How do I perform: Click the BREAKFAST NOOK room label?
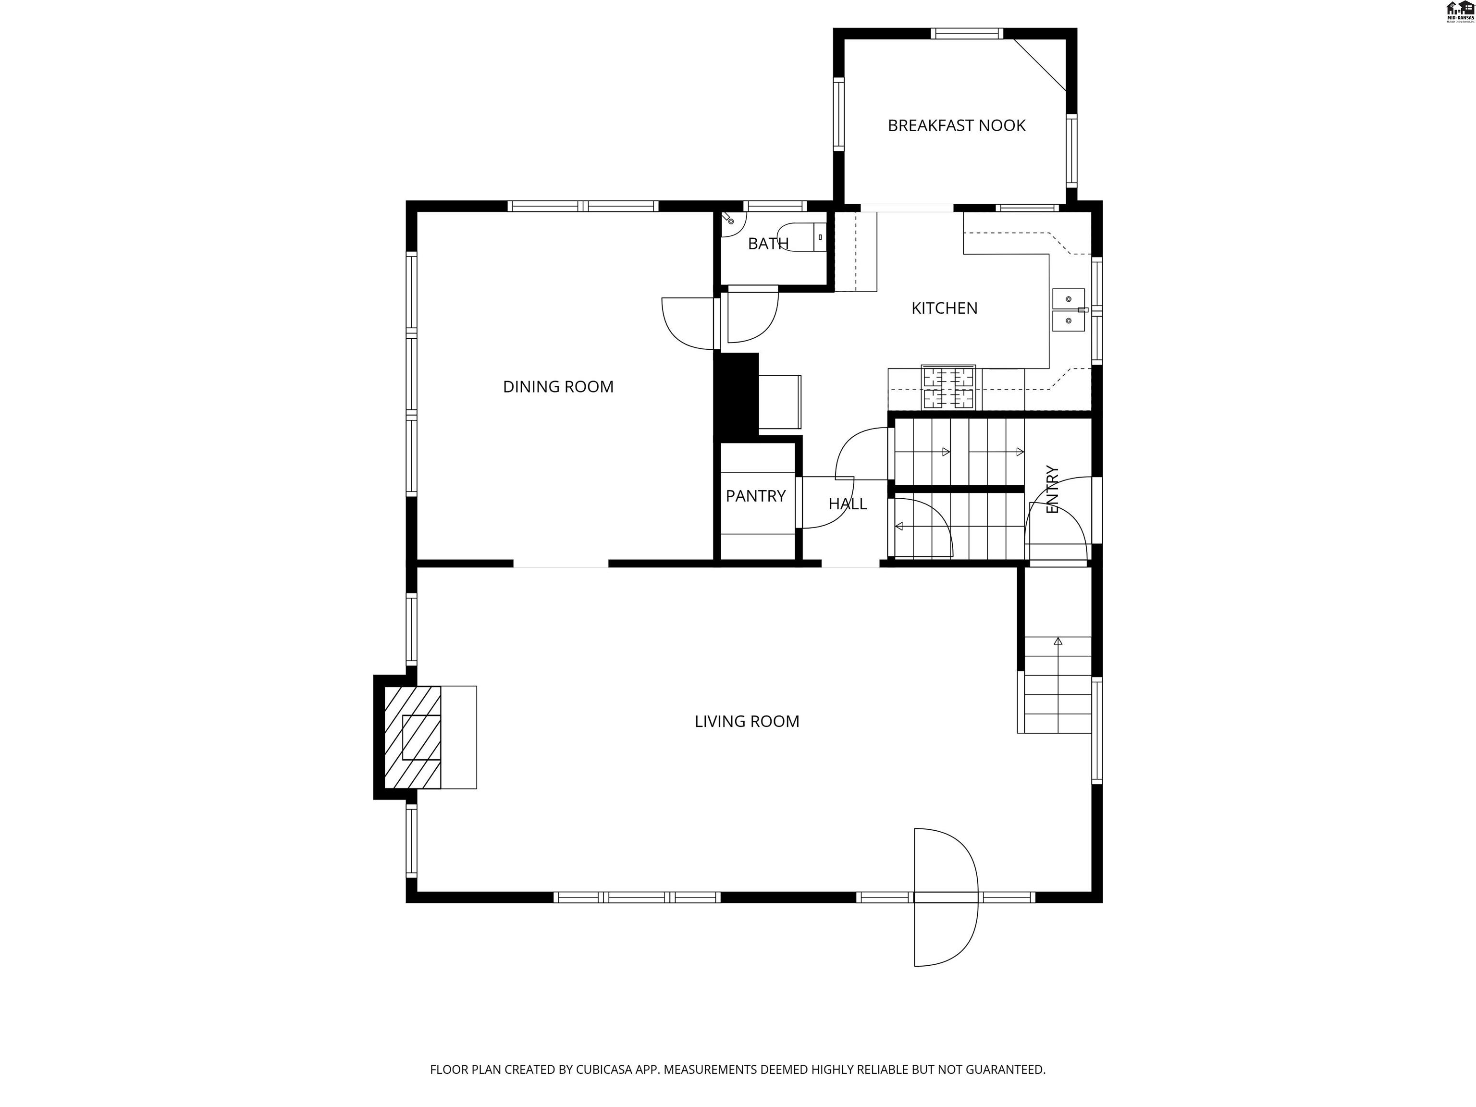click(x=956, y=125)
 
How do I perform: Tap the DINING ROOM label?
click(x=558, y=387)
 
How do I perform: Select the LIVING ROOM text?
click(x=747, y=721)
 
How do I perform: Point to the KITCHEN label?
click(x=944, y=308)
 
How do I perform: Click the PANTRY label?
click(x=755, y=496)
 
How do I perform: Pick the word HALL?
click(x=848, y=504)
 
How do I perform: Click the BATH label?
click(x=767, y=244)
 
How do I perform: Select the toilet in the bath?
click(x=804, y=236)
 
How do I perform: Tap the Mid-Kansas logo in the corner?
click(x=1459, y=12)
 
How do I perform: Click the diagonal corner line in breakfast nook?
click(x=1040, y=64)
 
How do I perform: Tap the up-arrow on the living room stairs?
click(x=1058, y=641)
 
